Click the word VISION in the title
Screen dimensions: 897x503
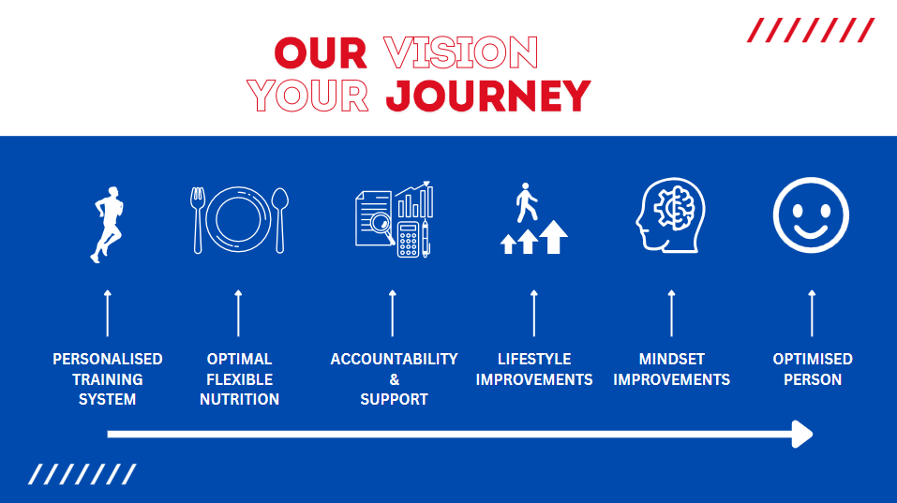click(x=460, y=52)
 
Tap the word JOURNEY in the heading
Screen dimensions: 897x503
click(x=488, y=96)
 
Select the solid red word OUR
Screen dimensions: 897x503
click(x=321, y=53)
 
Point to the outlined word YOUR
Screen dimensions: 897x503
click(x=307, y=96)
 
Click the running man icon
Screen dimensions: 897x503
click(x=108, y=224)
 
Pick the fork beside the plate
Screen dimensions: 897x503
click(x=198, y=220)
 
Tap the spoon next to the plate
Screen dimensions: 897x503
click(x=279, y=220)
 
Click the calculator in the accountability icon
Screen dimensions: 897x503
click(x=409, y=240)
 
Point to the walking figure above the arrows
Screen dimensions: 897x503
click(x=526, y=202)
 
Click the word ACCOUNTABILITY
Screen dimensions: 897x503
click(x=395, y=359)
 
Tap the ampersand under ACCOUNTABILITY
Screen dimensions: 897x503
click(x=395, y=379)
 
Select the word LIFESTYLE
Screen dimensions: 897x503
click(x=534, y=359)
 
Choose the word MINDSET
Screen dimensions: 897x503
click(x=672, y=359)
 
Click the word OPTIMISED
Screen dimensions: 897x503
click(x=813, y=359)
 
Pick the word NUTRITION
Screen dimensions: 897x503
click(x=239, y=399)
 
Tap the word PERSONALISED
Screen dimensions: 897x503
click(x=108, y=359)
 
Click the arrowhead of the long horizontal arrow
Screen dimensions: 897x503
click(x=802, y=435)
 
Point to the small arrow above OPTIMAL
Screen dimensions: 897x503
click(x=239, y=313)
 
